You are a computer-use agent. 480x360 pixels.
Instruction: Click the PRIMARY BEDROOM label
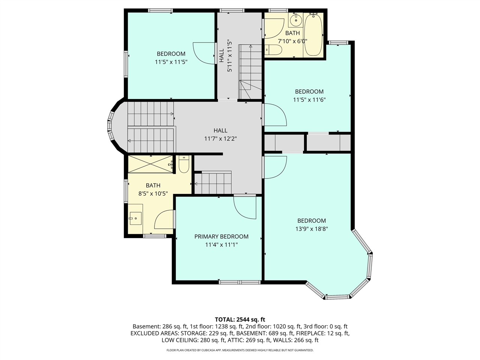coord(221,237)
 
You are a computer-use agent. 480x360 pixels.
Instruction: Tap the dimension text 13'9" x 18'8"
coord(312,229)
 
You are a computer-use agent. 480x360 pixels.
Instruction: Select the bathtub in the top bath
coord(313,34)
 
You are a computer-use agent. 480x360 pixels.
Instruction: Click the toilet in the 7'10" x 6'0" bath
coord(273,49)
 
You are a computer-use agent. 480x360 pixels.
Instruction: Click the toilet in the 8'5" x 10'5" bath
coord(184,165)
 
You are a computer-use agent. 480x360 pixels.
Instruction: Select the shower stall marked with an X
coord(151,164)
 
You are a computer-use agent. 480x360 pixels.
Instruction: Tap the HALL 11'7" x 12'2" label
coord(220,134)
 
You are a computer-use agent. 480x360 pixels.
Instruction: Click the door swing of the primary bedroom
coord(244,207)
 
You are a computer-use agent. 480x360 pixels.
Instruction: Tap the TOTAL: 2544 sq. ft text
coord(240,319)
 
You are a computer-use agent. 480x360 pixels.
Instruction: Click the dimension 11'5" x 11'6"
coord(309,100)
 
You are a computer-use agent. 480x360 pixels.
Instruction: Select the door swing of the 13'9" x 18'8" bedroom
coord(275,167)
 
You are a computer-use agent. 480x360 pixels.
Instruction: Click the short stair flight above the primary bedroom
coord(213,183)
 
